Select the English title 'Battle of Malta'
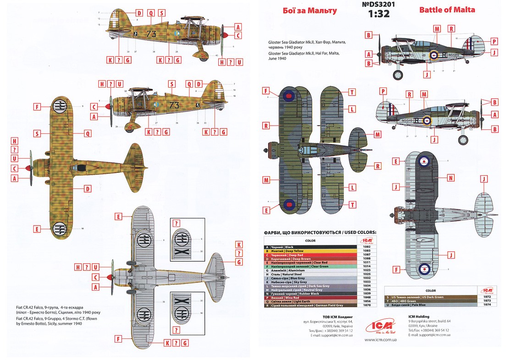447,10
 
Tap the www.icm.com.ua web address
380,340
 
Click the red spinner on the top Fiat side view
225,34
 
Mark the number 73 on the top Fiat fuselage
152,33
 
